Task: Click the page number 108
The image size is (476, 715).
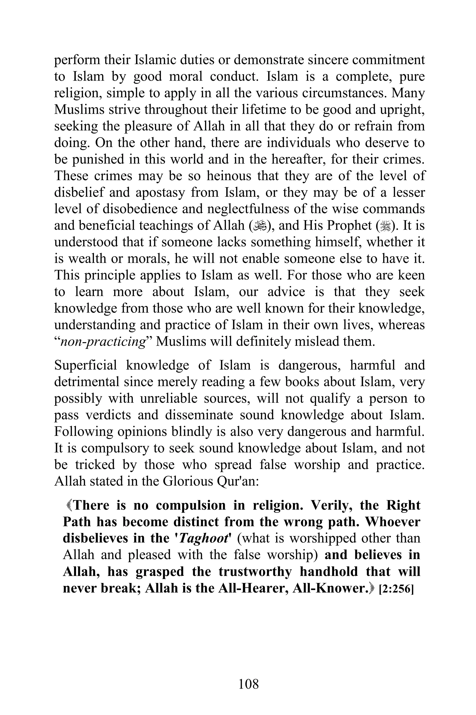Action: point(248,684)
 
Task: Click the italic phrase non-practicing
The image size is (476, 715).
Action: point(103,342)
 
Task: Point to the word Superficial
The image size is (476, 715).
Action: point(85,365)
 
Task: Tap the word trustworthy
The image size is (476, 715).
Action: point(255,572)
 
